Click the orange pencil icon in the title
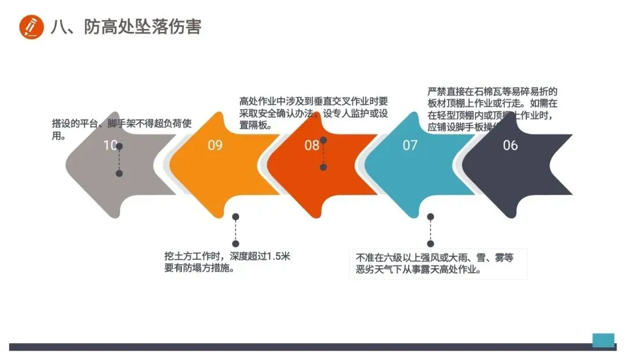(31, 27)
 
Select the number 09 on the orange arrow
(215, 145)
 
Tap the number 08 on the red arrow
(312, 145)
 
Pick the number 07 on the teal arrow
(410, 145)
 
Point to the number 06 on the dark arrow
(510, 145)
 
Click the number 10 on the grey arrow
(110, 145)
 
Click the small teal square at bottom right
(603, 340)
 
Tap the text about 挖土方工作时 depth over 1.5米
(227, 262)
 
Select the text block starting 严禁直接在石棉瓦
(493, 110)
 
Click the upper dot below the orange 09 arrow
(235, 217)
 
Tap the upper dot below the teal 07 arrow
(430, 217)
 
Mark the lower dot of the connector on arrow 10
(119, 173)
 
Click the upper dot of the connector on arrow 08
(323, 140)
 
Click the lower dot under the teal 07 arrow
(430, 243)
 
